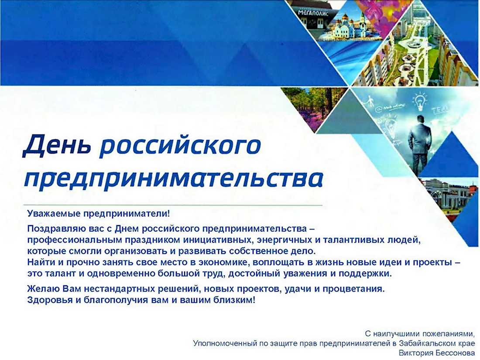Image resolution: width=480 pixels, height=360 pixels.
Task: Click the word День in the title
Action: [57, 145]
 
